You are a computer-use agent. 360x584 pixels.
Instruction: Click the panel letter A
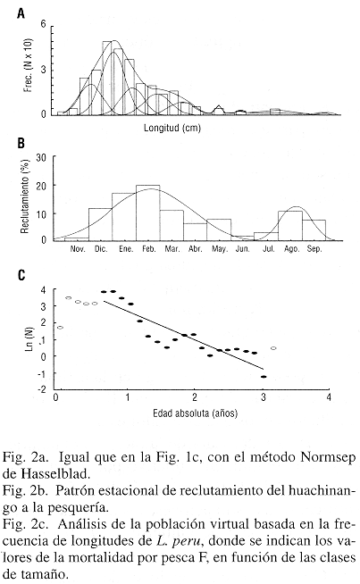(21, 13)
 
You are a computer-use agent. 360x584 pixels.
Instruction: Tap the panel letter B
(21, 143)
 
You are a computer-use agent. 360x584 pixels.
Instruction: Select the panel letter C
(21, 275)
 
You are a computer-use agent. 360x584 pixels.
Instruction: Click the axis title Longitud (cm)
(172, 128)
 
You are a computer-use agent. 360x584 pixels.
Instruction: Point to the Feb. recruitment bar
(148, 213)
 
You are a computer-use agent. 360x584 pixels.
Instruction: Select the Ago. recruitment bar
(290, 226)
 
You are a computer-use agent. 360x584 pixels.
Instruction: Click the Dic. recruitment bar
(100, 225)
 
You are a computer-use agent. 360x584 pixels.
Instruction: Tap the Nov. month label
(78, 249)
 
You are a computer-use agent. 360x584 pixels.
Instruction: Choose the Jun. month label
(243, 249)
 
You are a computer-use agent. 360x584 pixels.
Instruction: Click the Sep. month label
(314, 249)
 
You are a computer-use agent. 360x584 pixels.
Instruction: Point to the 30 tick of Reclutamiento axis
(41, 158)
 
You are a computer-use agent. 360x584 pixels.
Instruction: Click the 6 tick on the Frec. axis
(43, 24)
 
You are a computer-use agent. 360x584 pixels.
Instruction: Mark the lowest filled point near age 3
(264, 377)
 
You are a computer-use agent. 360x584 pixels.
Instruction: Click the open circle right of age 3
(273, 348)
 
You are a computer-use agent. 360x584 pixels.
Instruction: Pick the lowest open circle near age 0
(61, 328)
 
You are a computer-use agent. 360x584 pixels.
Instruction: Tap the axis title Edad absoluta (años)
(196, 413)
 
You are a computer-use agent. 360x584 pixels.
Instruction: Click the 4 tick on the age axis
(329, 397)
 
